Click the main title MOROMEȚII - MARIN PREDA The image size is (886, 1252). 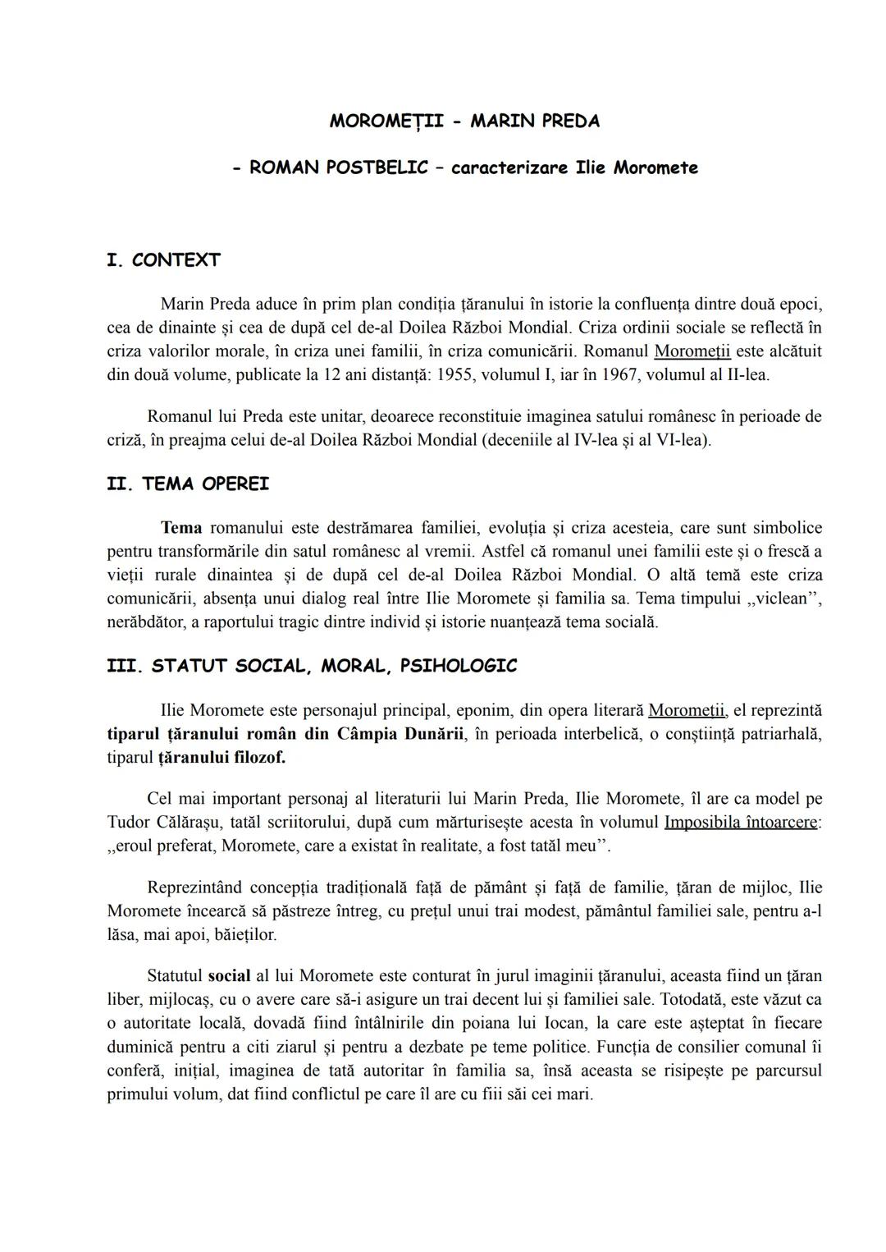tap(464, 121)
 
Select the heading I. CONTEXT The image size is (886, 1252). tap(163, 260)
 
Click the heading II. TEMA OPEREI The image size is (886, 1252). tap(188, 484)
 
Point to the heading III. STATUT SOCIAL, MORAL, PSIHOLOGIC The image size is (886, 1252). tap(312, 666)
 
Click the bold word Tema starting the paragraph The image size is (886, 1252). tap(181, 527)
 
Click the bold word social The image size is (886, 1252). tap(229, 976)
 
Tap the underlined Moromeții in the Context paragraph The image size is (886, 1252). tap(692, 351)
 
